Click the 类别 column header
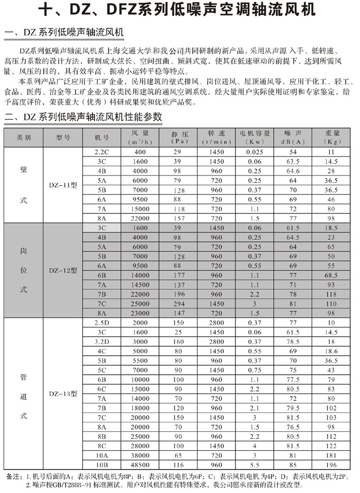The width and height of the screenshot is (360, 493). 24,138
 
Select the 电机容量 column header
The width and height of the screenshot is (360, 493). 255,137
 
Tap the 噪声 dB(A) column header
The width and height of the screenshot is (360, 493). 293,137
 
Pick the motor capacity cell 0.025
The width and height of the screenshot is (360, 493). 255,152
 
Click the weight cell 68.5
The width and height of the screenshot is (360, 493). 332,275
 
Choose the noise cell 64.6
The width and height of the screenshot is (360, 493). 293,171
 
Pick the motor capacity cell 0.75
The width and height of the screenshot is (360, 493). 255,369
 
